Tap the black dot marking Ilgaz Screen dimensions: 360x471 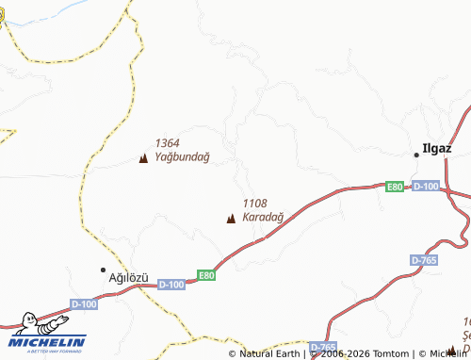[x=416, y=154]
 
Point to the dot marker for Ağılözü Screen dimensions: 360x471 [x=104, y=270]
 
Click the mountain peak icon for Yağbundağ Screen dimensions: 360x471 [x=143, y=158]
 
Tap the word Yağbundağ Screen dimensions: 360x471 [x=182, y=156]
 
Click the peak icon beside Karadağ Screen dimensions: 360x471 [x=231, y=220]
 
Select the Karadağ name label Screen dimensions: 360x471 [x=263, y=218]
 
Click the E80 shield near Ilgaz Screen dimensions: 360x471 [x=395, y=187]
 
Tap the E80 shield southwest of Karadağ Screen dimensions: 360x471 [x=206, y=275]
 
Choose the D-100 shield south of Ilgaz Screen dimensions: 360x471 [x=426, y=187]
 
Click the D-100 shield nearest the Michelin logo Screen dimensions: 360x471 [x=83, y=303]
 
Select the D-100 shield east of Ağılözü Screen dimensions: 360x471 [x=171, y=284]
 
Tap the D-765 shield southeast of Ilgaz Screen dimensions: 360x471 [x=424, y=259]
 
